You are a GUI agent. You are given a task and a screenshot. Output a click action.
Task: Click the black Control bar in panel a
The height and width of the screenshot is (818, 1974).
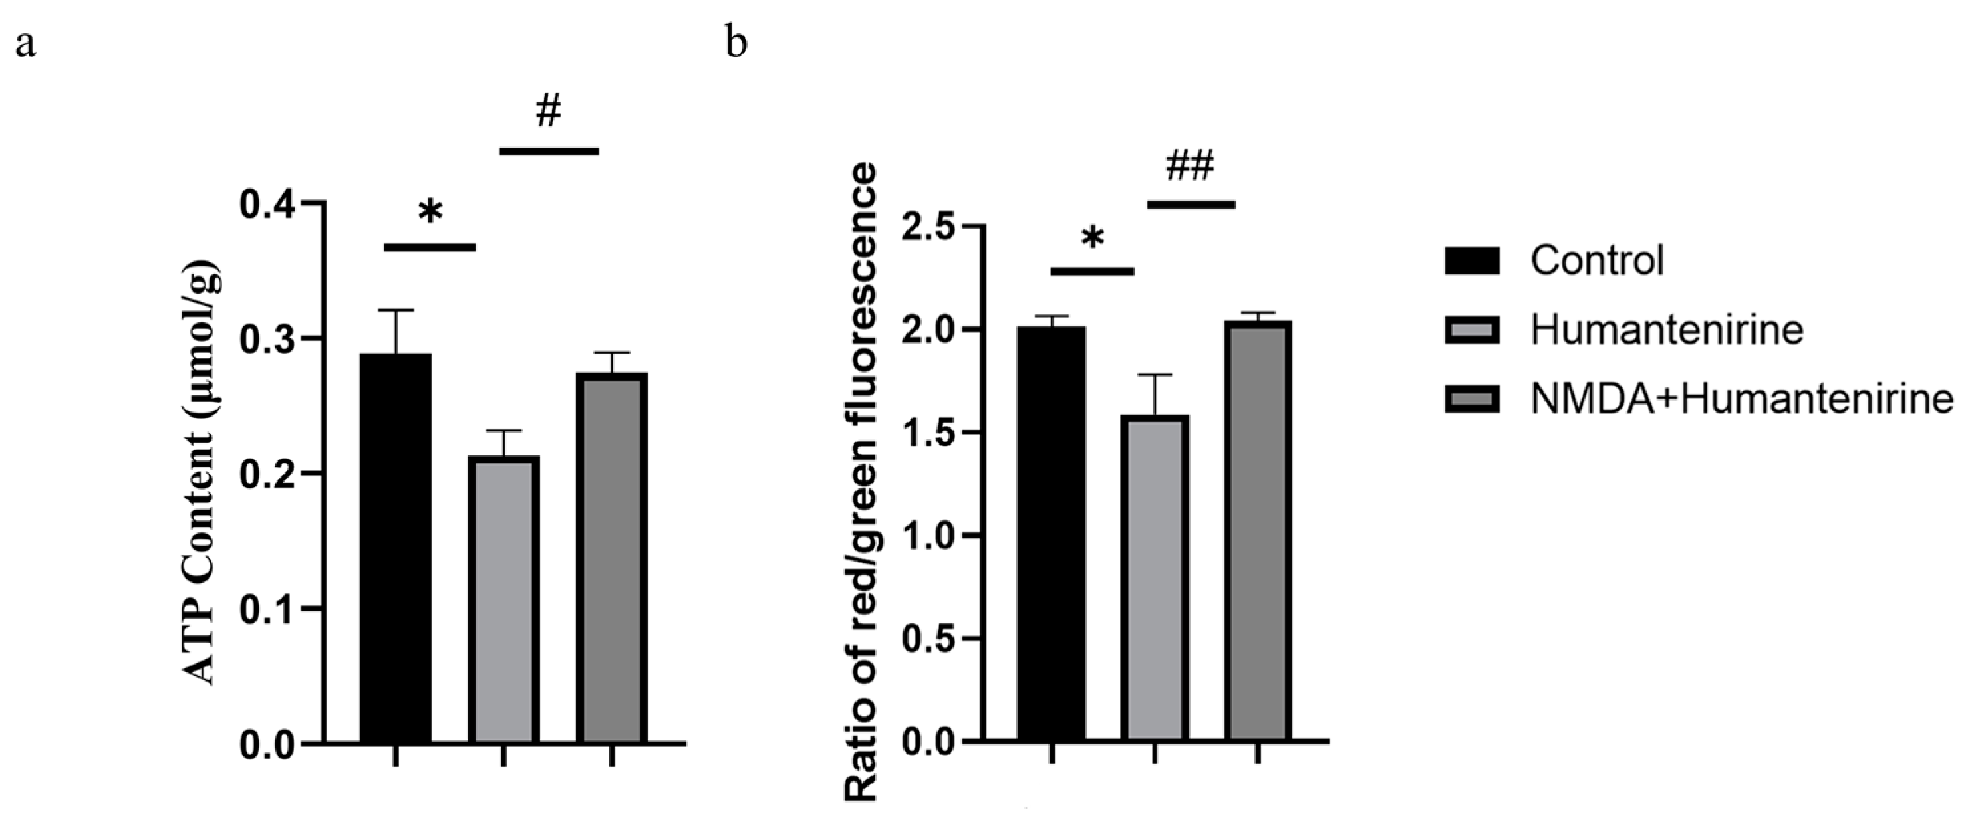(396, 547)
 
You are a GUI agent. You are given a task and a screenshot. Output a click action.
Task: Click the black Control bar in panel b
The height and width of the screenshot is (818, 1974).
(1052, 533)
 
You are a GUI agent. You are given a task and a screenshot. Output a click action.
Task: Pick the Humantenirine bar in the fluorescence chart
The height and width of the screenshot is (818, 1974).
(1155, 577)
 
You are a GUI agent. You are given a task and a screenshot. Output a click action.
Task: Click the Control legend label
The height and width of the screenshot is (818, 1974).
(1597, 260)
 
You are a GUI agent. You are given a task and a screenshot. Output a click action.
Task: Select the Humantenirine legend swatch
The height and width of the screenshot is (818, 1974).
(1472, 330)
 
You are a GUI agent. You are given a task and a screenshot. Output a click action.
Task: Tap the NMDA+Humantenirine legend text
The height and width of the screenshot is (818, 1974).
(1741, 400)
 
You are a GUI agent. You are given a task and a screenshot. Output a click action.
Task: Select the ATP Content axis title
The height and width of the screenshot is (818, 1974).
(202, 472)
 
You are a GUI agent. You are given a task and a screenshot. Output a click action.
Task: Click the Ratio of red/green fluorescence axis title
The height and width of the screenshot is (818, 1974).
(862, 482)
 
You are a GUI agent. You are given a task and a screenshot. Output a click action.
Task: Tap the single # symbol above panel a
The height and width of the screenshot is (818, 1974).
(548, 112)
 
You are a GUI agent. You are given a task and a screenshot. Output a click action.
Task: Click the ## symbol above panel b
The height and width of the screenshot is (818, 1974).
(1190, 165)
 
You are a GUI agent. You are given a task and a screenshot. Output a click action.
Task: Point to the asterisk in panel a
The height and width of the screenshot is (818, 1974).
(430, 211)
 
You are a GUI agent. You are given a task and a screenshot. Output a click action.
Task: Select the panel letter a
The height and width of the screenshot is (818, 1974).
(25, 45)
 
